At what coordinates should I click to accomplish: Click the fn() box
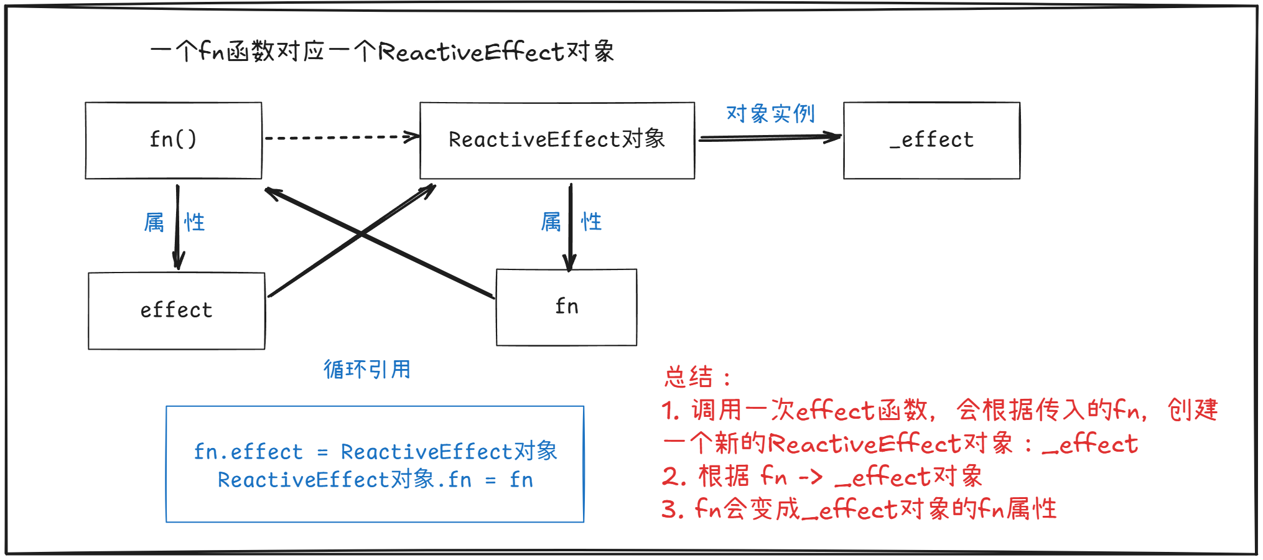click(x=174, y=141)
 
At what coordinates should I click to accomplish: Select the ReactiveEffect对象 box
click(x=557, y=141)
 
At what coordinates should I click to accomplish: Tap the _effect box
click(x=931, y=141)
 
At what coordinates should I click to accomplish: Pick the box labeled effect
click(x=177, y=310)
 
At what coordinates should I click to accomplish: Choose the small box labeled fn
click(x=566, y=307)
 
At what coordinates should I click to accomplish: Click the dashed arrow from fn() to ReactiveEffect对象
click(x=341, y=138)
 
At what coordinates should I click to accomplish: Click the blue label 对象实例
click(x=770, y=114)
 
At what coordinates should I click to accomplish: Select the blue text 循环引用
click(x=367, y=370)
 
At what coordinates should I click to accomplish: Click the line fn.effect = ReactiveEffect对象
click(x=375, y=452)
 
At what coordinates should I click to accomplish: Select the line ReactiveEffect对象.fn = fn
click(x=375, y=480)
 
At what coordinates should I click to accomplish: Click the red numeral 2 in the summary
click(x=670, y=477)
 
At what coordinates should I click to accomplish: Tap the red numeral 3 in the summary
click(x=669, y=510)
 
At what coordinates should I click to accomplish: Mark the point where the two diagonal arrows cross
click(x=361, y=234)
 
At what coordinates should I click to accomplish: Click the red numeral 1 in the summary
click(x=669, y=411)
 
